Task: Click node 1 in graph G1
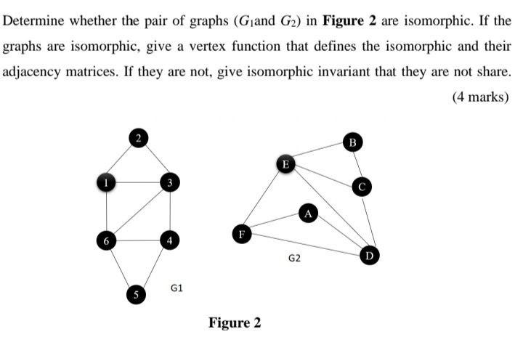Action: [107, 182]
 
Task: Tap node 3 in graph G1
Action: [169, 182]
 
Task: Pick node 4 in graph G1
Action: [169, 239]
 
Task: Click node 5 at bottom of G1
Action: [134, 294]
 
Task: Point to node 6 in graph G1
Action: [107, 239]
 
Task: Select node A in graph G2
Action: [308, 213]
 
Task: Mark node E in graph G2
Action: [285, 164]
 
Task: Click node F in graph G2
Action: [241, 233]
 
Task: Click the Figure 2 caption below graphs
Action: [235, 323]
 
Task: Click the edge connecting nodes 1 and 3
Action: [138, 182]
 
